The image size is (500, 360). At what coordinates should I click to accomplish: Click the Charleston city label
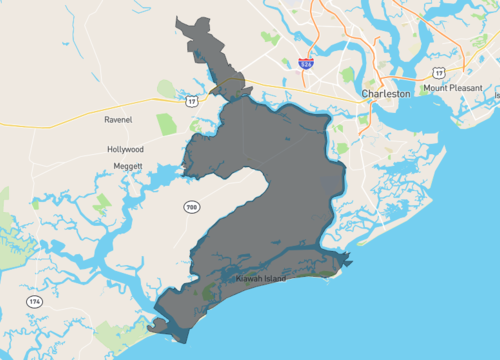point(385,93)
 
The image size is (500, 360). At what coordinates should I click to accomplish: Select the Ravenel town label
point(118,120)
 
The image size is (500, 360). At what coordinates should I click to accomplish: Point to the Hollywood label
point(125,149)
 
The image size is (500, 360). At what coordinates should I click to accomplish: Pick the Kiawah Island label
point(260,279)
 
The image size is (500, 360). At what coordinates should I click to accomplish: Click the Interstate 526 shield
point(306,63)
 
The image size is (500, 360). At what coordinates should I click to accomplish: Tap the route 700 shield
point(191,206)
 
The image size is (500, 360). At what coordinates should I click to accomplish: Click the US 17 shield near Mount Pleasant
point(437,72)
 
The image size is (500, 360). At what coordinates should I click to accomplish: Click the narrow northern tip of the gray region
point(181,21)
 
